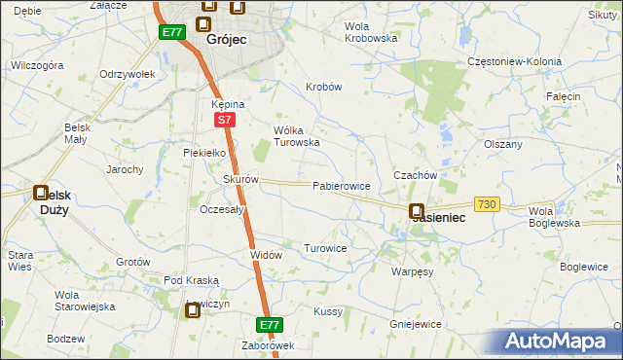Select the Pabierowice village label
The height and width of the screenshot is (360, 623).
341,185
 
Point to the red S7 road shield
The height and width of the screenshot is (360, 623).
225,120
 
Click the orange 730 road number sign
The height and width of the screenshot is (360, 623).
488,203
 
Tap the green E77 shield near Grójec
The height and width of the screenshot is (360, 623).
172,32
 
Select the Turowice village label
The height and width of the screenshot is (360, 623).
325,248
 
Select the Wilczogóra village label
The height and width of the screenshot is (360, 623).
36,65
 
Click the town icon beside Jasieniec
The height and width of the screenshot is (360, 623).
417,211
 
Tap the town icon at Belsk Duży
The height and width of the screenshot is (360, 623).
42,194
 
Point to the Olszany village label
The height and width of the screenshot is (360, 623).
503,144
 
